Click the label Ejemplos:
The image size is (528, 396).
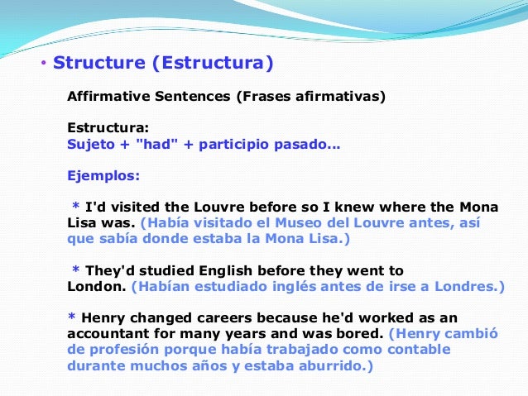(103, 175)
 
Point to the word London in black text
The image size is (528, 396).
(94, 287)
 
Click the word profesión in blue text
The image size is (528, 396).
(123, 351)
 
